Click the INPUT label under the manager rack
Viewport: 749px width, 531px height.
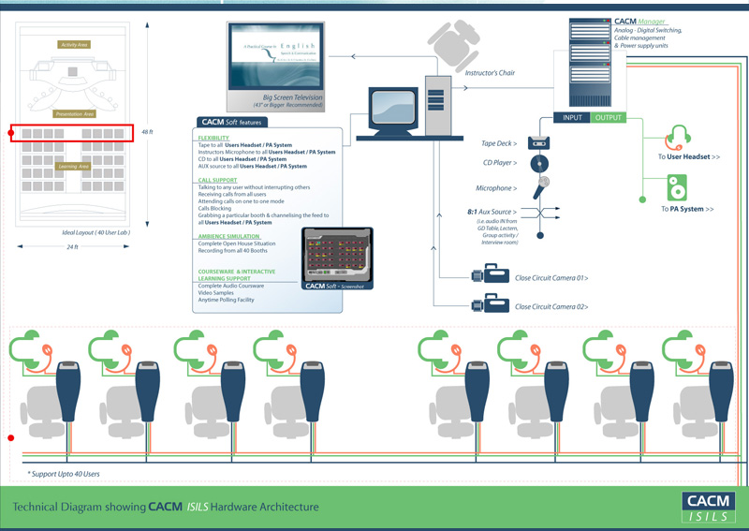pos(572,118)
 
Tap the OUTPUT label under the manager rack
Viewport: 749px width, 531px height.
pos(608,118)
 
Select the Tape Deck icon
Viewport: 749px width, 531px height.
pos(538,143)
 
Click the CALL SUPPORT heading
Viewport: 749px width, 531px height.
pos(217,179)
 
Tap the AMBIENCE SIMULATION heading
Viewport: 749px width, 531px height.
pos(230,237)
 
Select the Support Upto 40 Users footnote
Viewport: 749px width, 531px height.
pos(63,474)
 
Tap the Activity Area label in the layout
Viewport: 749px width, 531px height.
pos(74,45)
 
